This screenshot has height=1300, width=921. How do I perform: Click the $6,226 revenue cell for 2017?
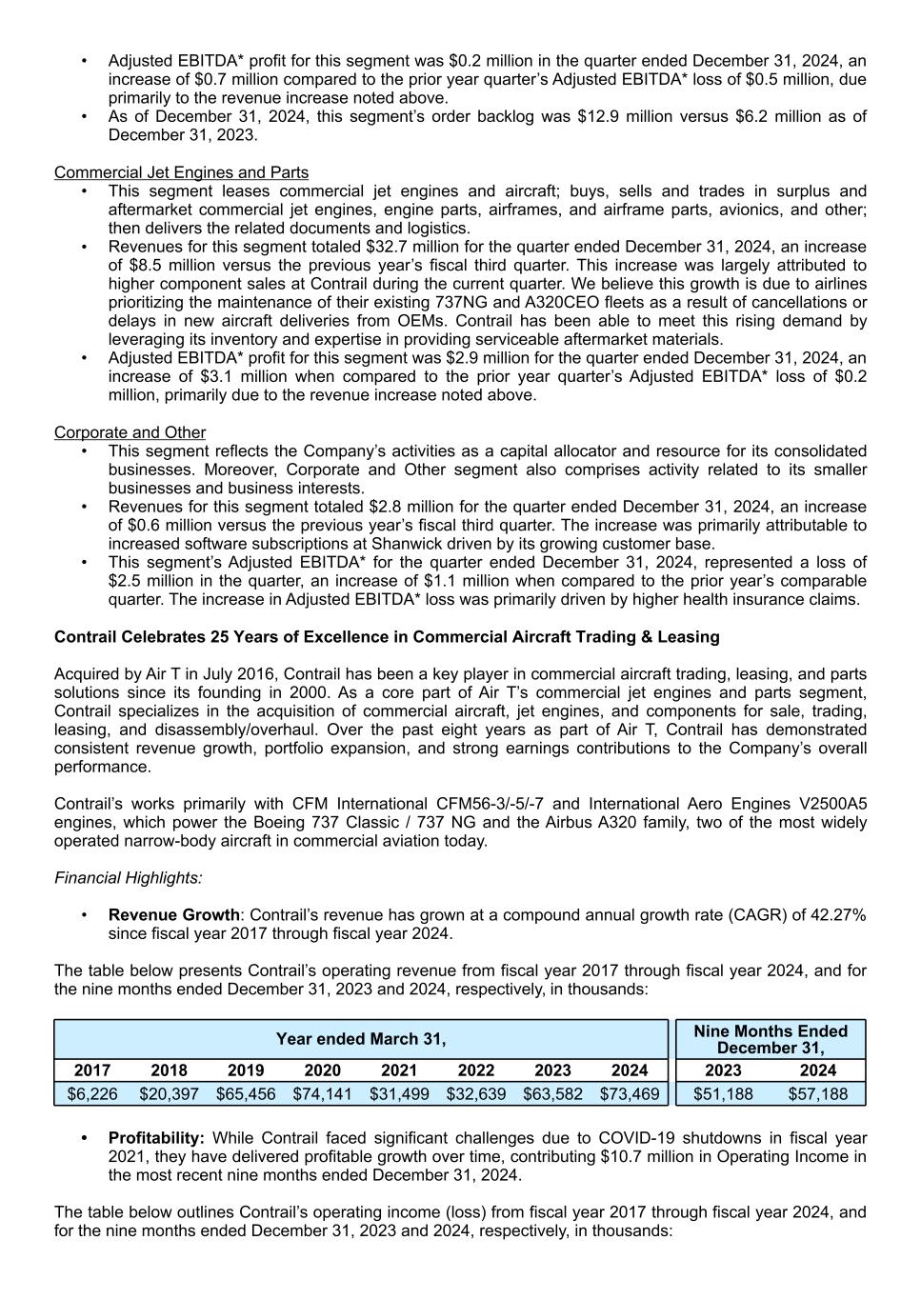pyautogui.click(x=92, y=1094)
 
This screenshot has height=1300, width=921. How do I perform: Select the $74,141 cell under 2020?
pyautogui.click(x=322, y=1094)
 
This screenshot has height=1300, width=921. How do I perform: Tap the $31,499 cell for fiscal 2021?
pyautogui.click(x=399, y=1094)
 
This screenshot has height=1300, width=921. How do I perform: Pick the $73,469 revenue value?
pyautogui.click(x=630, y=1094)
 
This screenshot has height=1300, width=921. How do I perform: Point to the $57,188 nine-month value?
pyautogui.click(x=817, y=1094)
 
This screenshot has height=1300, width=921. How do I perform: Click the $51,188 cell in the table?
pyautogui.click(x=723, y=1094)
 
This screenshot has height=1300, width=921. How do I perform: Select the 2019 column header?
pyautogui.click(x=246, y=1070)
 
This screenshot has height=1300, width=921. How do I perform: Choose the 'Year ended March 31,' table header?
pyautogui.click(x=361, y=1039)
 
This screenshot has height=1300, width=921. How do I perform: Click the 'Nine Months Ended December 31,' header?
pyautogui.click(x=771, y=1039)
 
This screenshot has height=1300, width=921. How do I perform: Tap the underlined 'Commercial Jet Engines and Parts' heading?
pyautogui.click(x=181, y=172)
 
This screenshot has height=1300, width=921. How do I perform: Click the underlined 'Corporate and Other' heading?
pyautogui.click(x=130, y=432)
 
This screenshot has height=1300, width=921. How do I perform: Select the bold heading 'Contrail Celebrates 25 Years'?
pyautogui.click(x=387, y=637)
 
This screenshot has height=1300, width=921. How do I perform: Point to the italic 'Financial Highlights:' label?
pyautogui.click(x=128, y=878)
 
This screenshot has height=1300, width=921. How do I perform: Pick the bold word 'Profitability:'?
pyautogui.click(x=156, y=1138)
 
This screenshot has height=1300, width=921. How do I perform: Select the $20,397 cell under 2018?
pyautogui.click(x=169, y=1094)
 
